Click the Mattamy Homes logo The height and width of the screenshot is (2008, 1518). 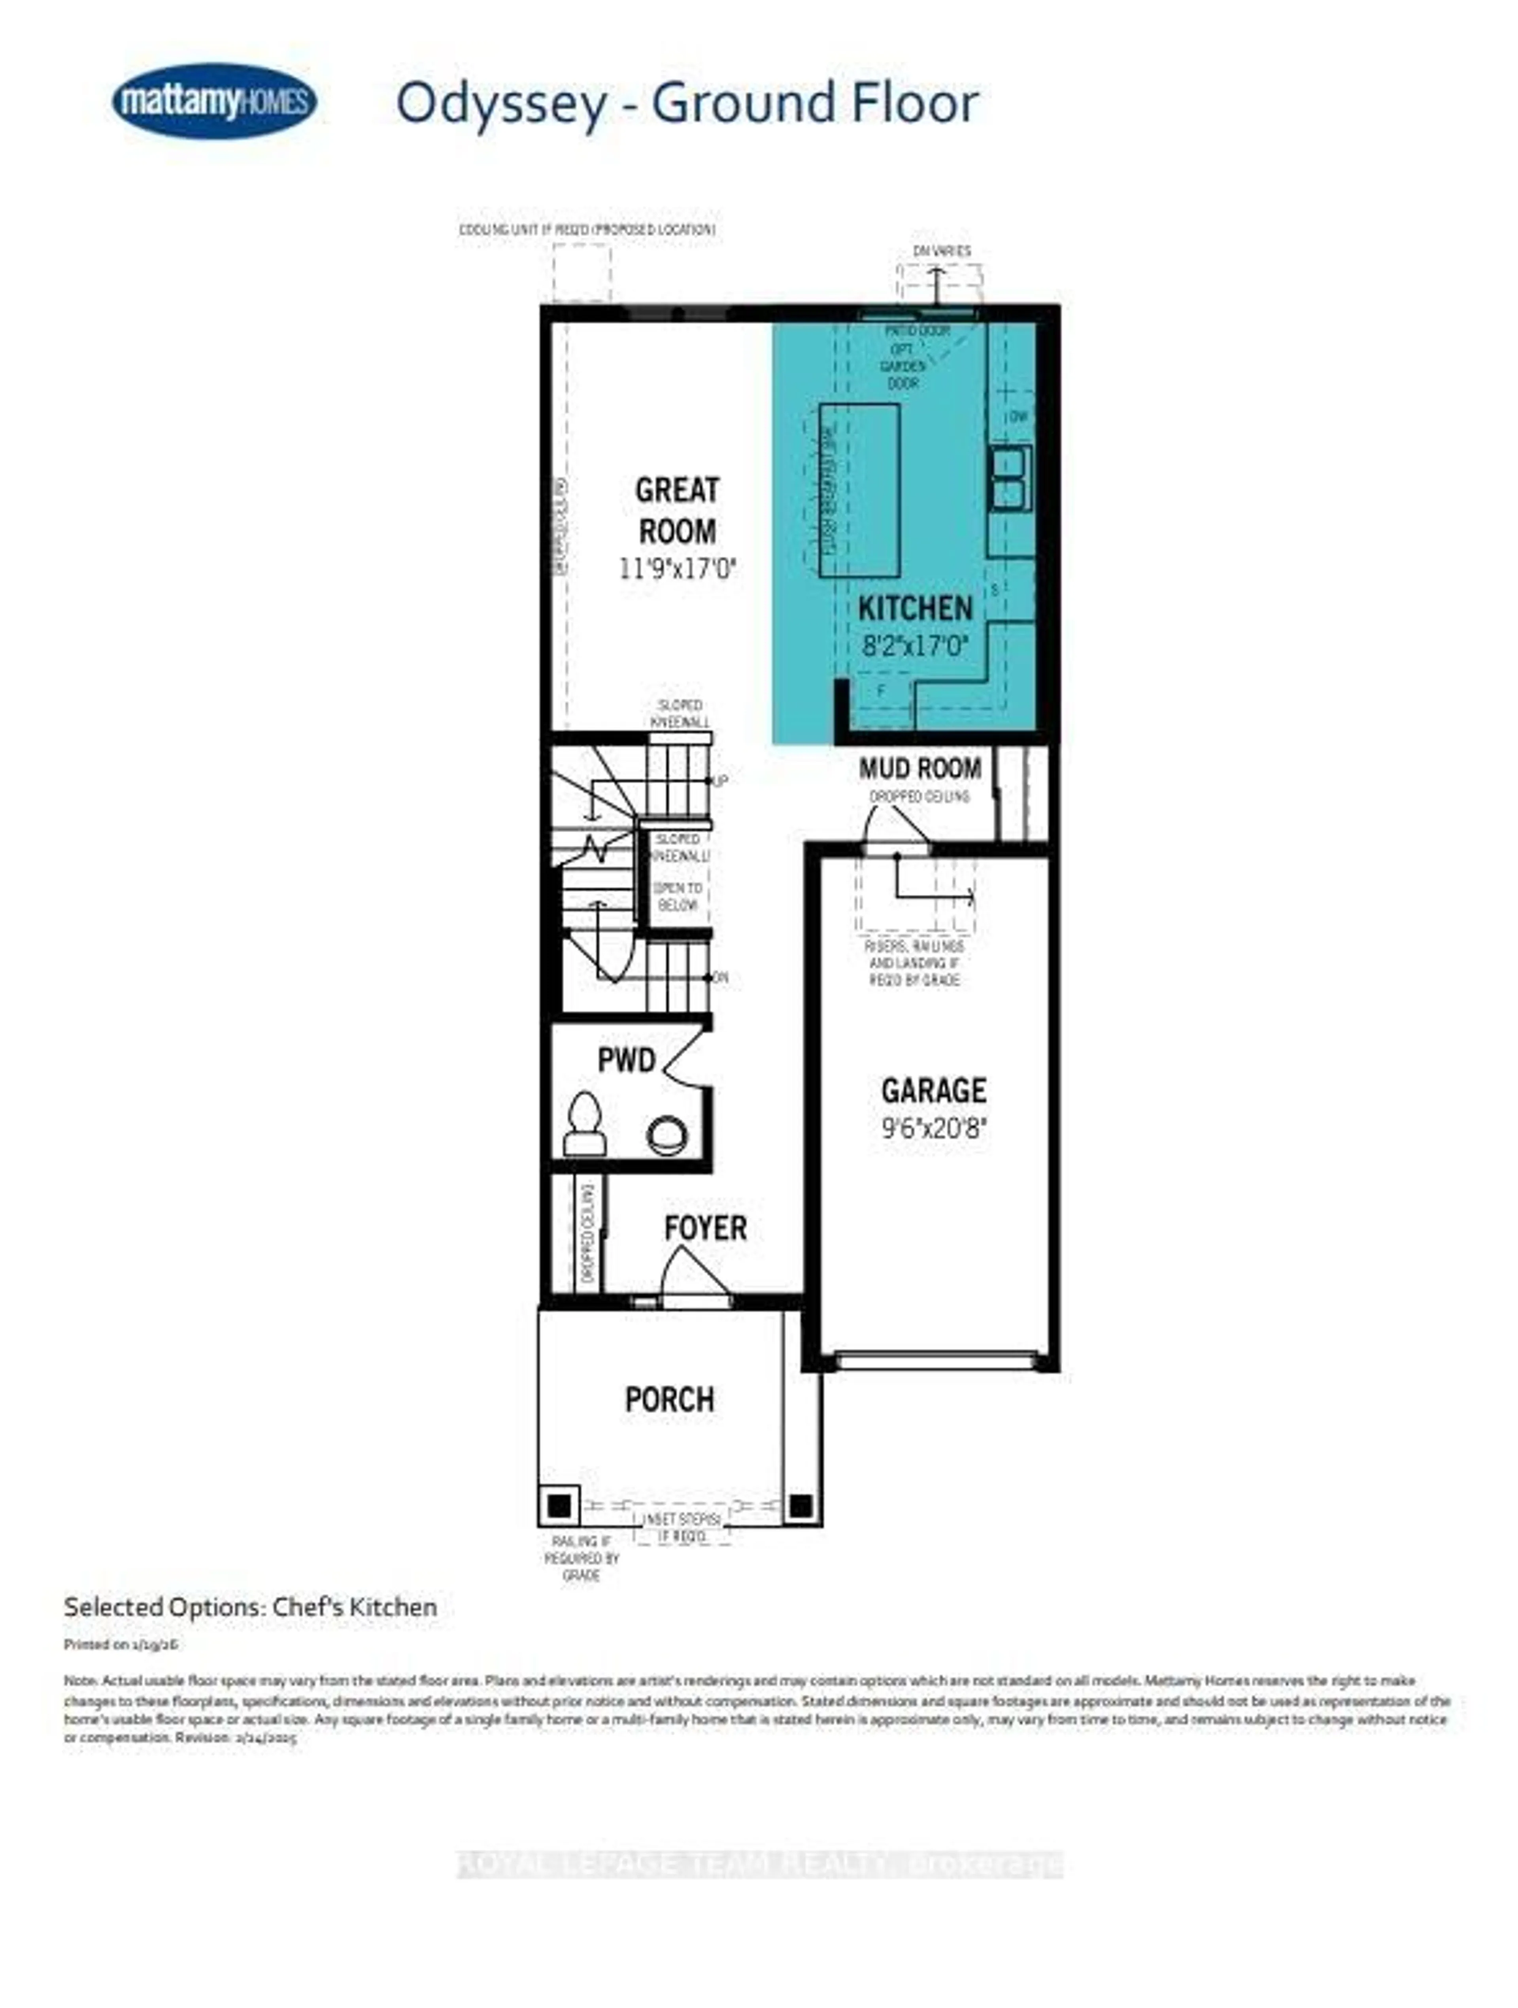[214, 101]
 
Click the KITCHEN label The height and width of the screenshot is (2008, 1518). [915, 608]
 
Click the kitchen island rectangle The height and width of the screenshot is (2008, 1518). [859, 490]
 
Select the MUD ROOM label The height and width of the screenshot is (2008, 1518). [920, 769]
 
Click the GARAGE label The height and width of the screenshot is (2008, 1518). [933, 1090]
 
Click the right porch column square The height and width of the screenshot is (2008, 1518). [800, 1506]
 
